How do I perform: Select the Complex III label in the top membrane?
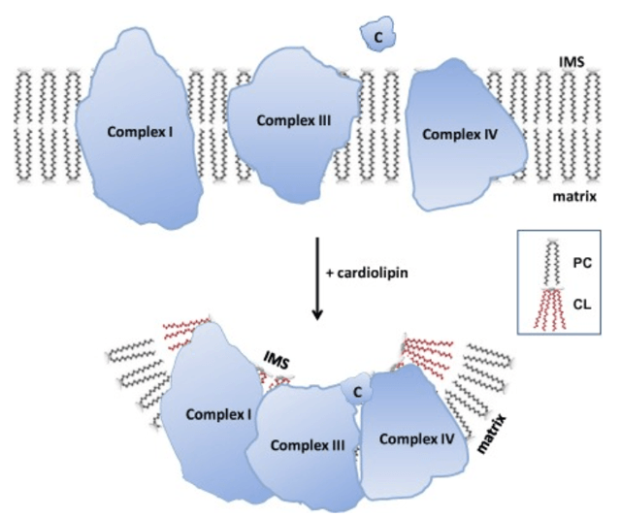[x=294, y=120]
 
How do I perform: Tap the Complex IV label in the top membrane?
[x=460, y=135]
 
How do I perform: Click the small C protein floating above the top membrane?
[x=378, y=37]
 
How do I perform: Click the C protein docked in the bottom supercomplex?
[x=357, y=392]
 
